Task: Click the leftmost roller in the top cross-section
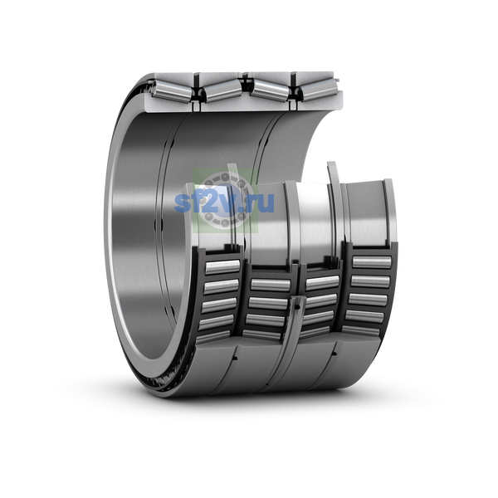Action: tap(172, 90)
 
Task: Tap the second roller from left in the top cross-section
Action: tap(222, 90)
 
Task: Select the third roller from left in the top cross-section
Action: tap(271, 90)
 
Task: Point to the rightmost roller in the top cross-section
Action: tap(320, 90)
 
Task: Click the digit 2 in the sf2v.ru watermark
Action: tap(210, 202)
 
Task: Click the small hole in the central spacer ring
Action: tap(296, 307)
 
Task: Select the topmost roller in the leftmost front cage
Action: tap(222, 266)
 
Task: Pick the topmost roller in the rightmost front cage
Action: tap(372, 262)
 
